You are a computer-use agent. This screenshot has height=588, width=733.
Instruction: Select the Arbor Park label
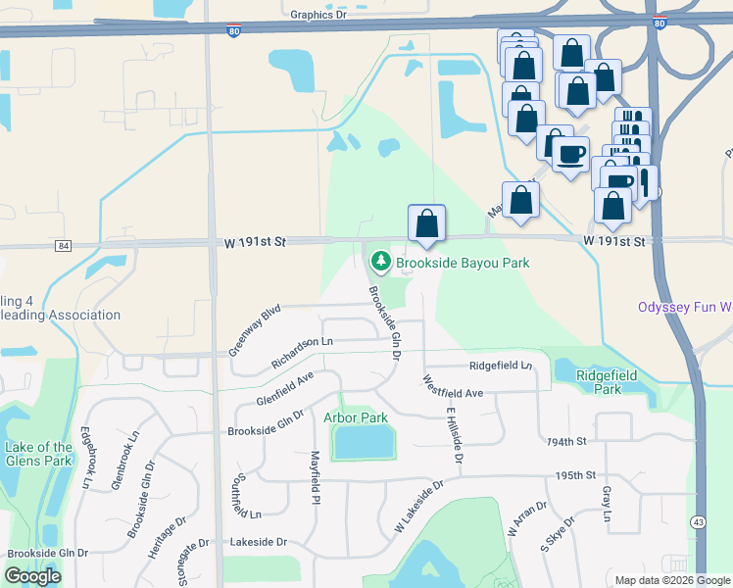(356, 417)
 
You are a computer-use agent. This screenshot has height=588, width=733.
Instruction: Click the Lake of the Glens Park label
(38, 454)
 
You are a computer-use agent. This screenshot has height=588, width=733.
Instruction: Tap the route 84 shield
(64, 245)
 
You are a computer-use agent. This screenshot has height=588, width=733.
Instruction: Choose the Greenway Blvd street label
(254, 329)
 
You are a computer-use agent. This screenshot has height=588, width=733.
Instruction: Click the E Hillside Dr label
(454, 434)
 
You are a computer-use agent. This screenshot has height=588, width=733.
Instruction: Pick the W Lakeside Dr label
(419, 506)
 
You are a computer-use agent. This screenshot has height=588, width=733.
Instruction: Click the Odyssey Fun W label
(685, 307)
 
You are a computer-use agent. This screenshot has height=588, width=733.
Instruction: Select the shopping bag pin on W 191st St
(426, 223)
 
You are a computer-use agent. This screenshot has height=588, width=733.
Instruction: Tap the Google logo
(32, 576)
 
